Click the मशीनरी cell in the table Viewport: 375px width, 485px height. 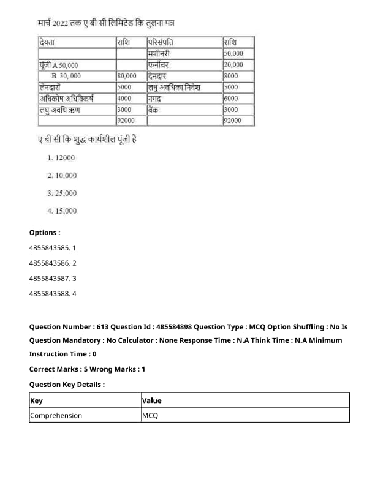[161, 54]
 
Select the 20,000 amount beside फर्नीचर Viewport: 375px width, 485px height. [233, 65]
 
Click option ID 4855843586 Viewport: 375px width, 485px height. [53, 263]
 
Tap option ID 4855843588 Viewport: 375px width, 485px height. [53, 294]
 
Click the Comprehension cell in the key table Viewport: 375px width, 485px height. [56, 415]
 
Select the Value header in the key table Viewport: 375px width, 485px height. [151, 400]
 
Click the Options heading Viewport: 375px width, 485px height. [45, 233]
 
